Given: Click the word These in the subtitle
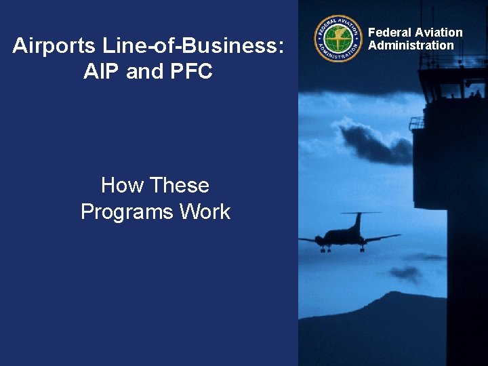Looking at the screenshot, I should (x=180, y=185).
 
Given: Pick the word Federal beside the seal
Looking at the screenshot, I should (x=390, y=33).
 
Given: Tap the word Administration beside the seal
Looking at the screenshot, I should (x=411, y=45).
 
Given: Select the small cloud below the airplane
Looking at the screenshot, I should (x=407, y=272).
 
